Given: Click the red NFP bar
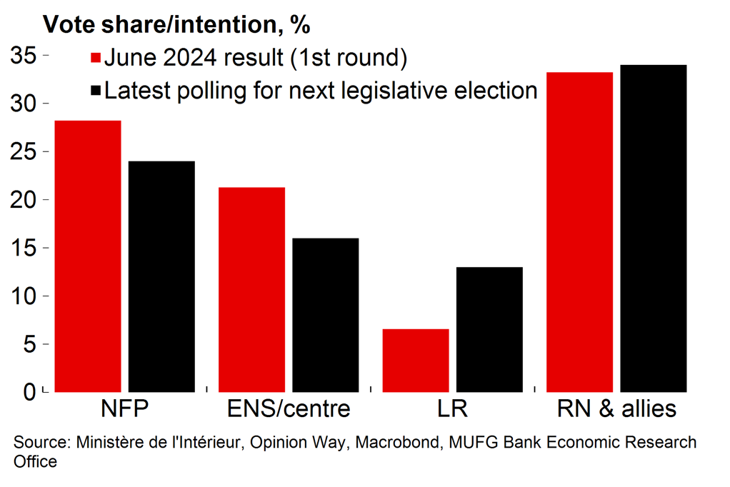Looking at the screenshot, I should [x=88, y=256].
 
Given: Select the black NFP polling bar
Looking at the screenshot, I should [x=161, y=276].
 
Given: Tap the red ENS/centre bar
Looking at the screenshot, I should [x=251, y=289].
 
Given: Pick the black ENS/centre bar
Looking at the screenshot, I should [x=325, y=315].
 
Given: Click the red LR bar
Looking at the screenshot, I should [x=416, y=360].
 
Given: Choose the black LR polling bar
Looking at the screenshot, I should [x=489, y=329].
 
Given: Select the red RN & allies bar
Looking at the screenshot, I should [x=579, y=232].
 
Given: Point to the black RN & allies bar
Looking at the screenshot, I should [x=654, y=229].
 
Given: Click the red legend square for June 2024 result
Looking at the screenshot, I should [x=96, y=58].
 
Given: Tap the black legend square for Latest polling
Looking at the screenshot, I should [x=96, y=91].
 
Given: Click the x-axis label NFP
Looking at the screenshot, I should [x=126, y=409].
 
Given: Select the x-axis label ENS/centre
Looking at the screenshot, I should [x=289, y=409].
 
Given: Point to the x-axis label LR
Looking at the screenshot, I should [x=452, y=409].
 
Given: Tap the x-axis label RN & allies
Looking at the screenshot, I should [x=616, y=409].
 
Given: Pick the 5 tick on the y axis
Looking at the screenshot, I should [x=31, y=344].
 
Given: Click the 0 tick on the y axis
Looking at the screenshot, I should [x=31, y=392].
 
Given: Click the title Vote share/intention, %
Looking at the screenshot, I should [x=176, y=24].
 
